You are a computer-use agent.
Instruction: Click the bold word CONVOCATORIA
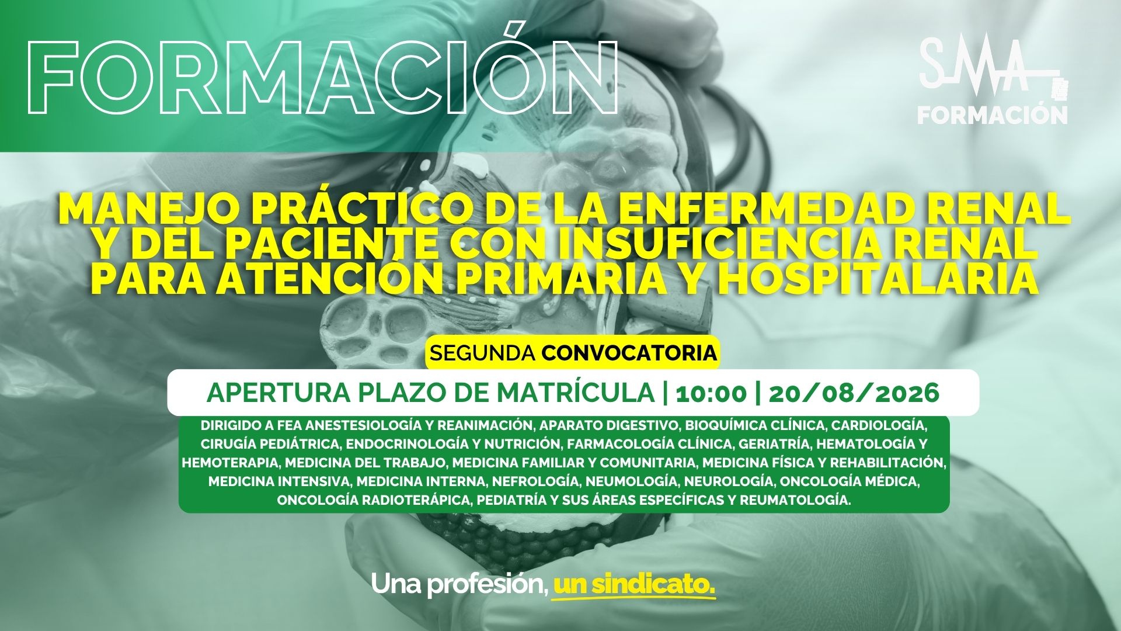click(x=629, y=352)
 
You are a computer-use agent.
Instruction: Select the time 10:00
click(x=711, y=393)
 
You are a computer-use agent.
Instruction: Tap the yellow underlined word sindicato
click(x=634, y=584)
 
